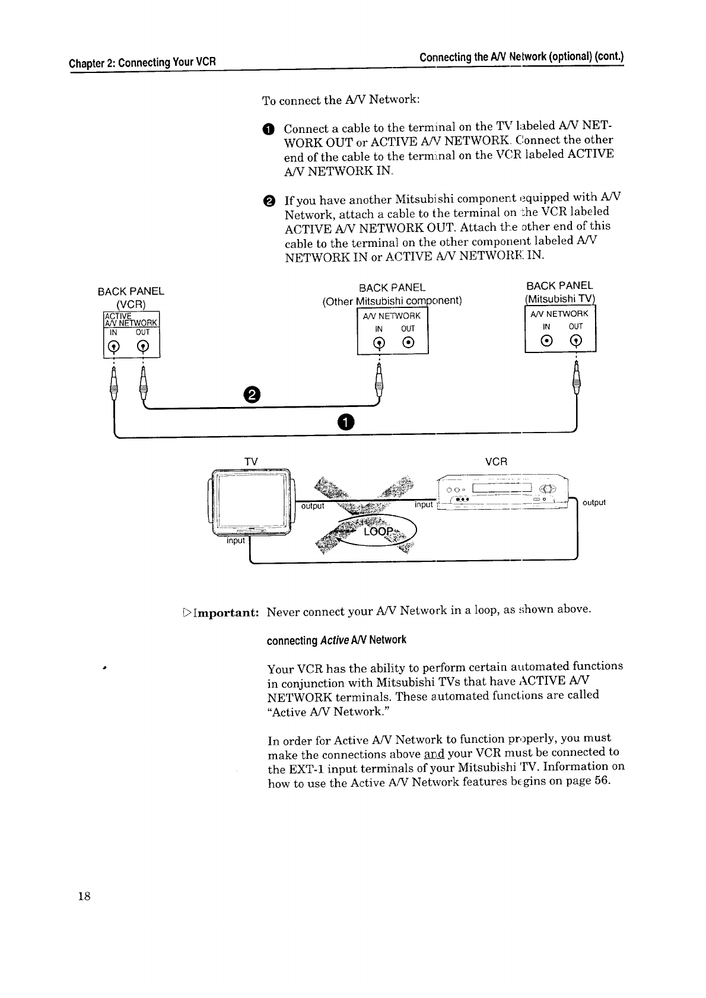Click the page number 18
pos(83,897)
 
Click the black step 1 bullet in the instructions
pos(268,129)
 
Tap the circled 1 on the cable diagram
pos(345,421)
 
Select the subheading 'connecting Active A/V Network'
pos(336,640)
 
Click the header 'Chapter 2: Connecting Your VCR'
pos(142,62)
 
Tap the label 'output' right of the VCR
pos(594,503)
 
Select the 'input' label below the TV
pos(236,541)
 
